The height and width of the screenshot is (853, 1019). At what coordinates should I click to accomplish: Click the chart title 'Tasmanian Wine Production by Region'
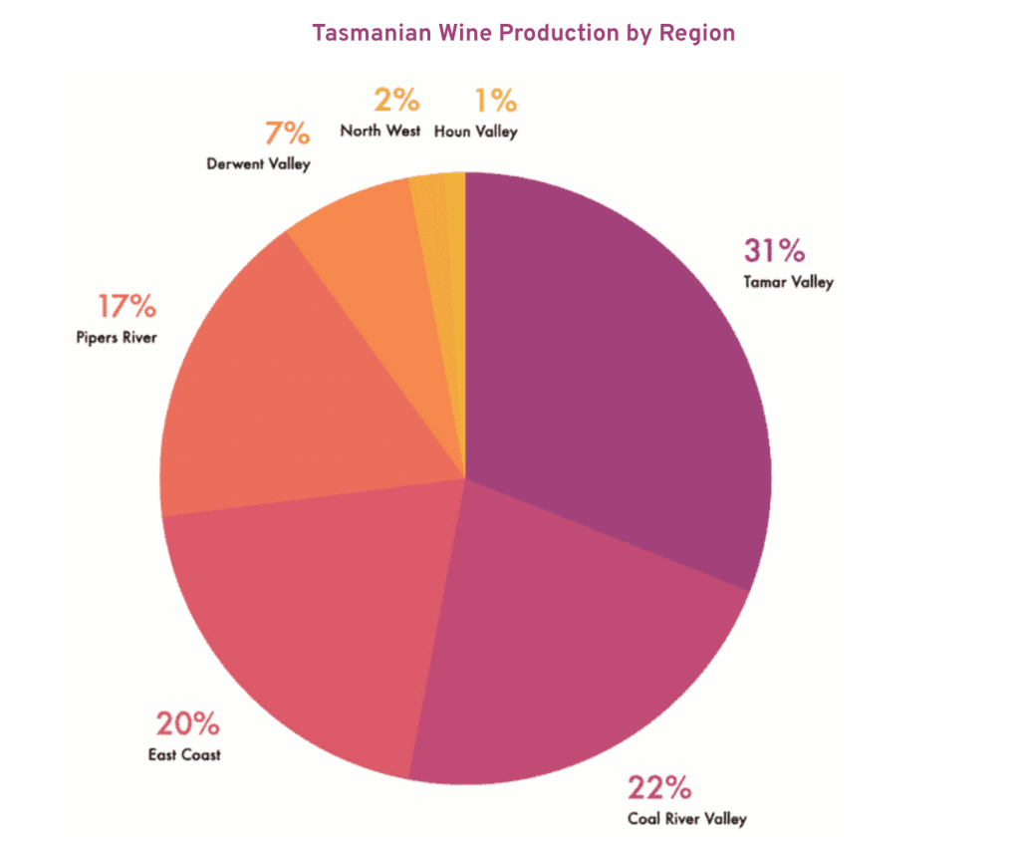(x=523, y=33)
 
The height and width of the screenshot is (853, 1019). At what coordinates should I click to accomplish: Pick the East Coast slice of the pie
(x=319, y=618)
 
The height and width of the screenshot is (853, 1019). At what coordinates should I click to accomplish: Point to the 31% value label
(x=774, y=251)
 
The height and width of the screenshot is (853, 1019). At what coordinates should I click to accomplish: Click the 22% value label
(x=659, y=787)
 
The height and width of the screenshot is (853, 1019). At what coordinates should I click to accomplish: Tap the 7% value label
(x=288, y=133)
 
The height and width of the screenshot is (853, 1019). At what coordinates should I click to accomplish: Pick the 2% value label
(x=396, y=100)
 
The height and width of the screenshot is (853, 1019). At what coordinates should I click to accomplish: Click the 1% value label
(x=494, y=100)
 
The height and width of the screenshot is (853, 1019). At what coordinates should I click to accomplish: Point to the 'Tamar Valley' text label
(x=788, y=282)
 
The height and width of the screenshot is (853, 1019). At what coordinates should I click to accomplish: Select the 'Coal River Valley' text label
(x=686, y=819)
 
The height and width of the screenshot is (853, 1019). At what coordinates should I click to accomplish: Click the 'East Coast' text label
(x=185, y=754)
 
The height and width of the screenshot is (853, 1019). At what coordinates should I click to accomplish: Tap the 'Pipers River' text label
(x=117, y=338)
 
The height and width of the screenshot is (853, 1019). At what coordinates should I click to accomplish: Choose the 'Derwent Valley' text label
(x=258, y=163)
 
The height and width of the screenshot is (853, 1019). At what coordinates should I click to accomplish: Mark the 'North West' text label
(x=380, y=131)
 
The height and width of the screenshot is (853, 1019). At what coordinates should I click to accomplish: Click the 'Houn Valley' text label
(x=476, y=131)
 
